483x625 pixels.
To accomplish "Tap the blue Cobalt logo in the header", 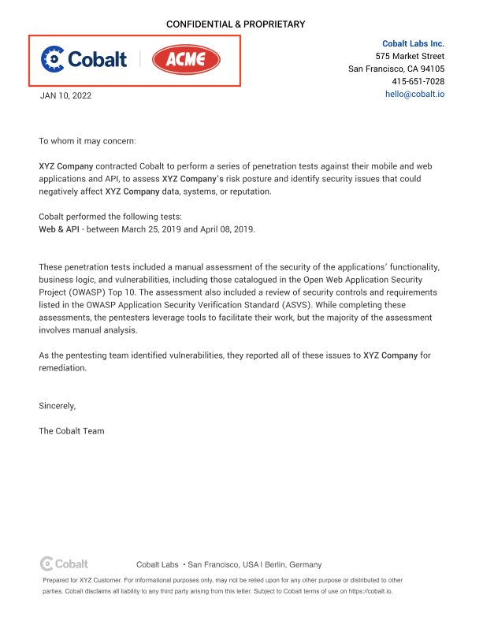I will coord(84,59).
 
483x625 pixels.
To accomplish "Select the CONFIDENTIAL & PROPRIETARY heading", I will coord(235,24).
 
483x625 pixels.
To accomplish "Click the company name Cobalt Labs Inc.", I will coord(413,43).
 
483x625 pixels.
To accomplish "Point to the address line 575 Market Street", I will coord(410,56).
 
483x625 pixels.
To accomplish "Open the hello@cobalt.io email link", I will coord(414,93).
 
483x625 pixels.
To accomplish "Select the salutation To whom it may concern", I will coord(87,141).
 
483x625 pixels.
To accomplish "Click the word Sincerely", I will coord(58,406).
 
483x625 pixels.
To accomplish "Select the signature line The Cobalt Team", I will coord(72,431).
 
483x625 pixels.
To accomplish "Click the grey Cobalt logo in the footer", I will coord(65,564).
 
